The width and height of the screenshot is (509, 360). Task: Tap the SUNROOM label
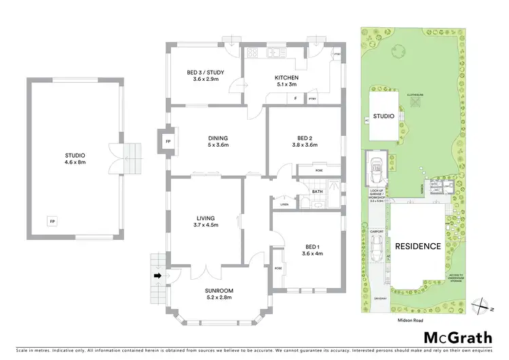[x=219, y=293]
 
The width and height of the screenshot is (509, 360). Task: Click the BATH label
[x=318, y=192]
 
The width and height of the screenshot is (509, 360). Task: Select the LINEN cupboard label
[x=284, y=204]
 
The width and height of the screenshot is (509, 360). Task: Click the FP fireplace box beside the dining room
[x=168, y=141]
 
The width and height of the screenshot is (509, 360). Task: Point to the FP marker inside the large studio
[x=52, y=221]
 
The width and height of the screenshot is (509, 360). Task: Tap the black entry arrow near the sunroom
[x=159, y=276]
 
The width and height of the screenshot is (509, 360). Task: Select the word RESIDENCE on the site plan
[x=418, y=246]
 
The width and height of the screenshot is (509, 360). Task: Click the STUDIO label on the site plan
[x=383, y=116]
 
